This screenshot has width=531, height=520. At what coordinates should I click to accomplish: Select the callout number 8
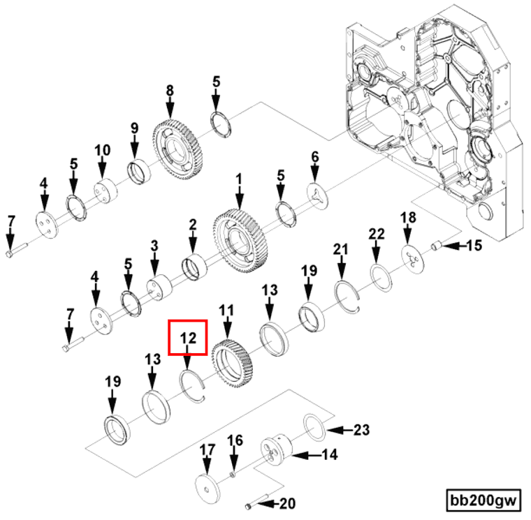click(x=170, y=91)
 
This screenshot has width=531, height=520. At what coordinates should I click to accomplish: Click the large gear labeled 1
click(x=240, y=240)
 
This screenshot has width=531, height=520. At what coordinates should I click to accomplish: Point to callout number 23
click(x=361, y=430)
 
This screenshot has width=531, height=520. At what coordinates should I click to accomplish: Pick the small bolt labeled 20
click(x=256, y=501)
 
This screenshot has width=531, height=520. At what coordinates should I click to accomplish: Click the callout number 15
click(x=474, y=246)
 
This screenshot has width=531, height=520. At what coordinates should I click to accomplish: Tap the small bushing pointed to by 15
click(x=436, y=246)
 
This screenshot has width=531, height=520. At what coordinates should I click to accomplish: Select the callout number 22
click(x=377, y=234)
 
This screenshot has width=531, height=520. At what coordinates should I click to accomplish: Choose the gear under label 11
click(x=233, y=364)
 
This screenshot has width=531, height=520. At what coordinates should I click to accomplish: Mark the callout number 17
click(x=208, y=450)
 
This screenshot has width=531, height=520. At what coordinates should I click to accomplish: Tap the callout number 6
click(x=315, y=157)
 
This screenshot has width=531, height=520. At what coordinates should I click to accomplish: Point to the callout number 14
click(x=330, y=454)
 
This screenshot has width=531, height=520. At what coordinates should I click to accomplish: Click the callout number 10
click(x=102, y=150)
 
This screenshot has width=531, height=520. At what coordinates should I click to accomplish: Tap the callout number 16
click(x=235, y=440)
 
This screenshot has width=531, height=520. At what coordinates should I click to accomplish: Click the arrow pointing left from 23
click(x=340, y=431)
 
